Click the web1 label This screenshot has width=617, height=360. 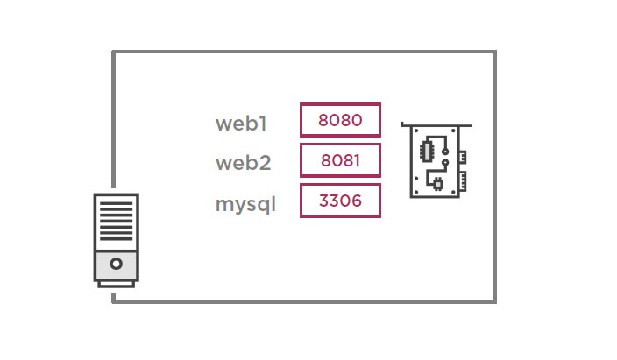(241, 124)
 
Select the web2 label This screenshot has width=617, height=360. (244, 164)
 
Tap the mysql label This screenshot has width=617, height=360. (245, 206)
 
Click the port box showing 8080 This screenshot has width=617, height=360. (340, 120)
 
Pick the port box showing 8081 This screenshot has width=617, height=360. (340, 160)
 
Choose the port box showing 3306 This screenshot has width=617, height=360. (340, 201)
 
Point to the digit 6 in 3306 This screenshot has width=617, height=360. (356, 201)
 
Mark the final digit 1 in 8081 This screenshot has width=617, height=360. (356, 160)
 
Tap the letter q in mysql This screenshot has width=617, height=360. (263, 208)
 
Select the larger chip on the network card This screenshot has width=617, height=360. (429, 150)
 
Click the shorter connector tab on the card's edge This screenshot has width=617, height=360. (462, 157)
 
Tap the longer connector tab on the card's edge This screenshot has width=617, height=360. (462, 182)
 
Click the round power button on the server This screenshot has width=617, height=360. (116, 263)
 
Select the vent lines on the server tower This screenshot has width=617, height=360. (116, 222)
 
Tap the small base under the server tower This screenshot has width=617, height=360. (116, 283)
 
